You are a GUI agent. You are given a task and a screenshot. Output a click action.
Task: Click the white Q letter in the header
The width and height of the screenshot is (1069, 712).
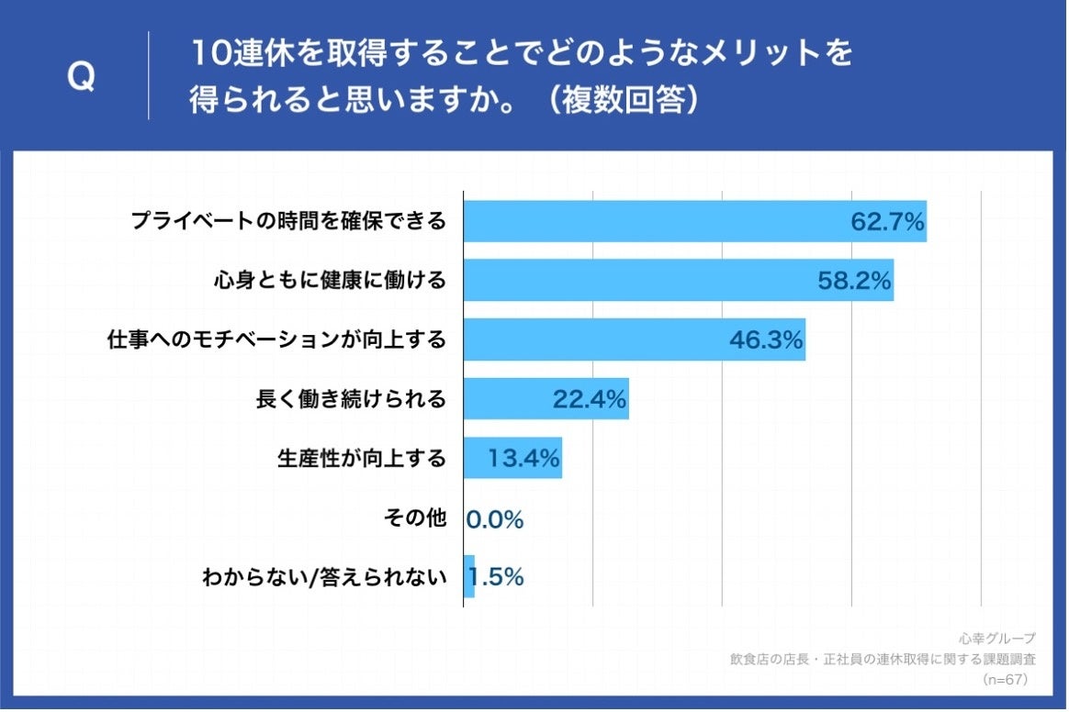click(x=82, y=78)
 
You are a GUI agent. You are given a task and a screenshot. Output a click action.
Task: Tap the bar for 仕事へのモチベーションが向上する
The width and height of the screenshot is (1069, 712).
click(x=597, y=339)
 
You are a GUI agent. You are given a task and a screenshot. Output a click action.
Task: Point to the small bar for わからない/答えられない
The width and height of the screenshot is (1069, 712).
click(x=469, y=576)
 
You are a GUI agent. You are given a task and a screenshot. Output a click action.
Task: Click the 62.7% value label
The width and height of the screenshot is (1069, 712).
click(x=886, y=222)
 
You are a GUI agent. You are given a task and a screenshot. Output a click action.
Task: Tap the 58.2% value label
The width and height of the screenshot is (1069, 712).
click(x=854, y=281)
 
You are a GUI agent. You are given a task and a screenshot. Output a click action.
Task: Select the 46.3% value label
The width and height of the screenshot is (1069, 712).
click(x=766, y=340)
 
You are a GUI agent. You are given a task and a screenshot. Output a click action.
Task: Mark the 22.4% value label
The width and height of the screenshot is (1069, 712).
click(x=590, y=399)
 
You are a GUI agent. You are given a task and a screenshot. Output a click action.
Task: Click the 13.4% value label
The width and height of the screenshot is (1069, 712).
click(x=523, y=459)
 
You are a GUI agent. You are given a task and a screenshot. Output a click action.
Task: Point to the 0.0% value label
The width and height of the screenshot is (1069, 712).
click(x=495, y=520)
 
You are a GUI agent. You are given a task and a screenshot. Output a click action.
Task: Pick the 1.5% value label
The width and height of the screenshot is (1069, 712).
click(x=497, y=577)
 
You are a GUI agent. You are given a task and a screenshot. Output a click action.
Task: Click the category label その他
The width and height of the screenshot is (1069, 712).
click(x=414, y=518)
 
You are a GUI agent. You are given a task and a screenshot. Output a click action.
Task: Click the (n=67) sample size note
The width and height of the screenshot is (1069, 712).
click(x=1004, y=680)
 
